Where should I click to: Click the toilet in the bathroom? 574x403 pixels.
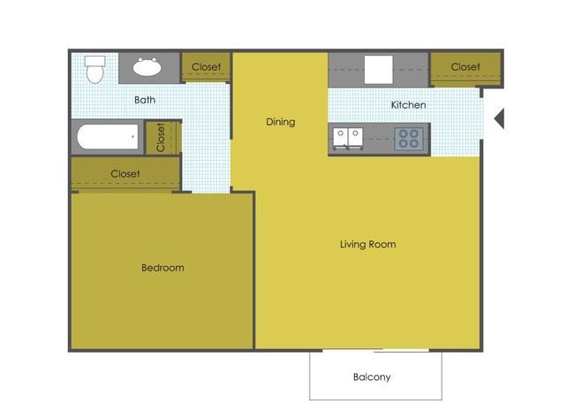coord(94,69)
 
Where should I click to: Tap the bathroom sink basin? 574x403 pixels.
coord(147,67)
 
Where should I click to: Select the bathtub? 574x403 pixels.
coord(108,137)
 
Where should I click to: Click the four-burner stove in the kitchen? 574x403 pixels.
coord(409,139)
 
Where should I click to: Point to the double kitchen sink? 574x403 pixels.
coord(348,139)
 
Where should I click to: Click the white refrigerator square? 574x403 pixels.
coord(379,70)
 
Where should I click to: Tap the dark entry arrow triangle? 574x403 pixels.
coord(499,118)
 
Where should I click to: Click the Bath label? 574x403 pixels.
coord(145,100)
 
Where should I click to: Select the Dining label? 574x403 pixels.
coord(281,122)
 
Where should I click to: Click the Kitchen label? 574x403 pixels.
coord(408,105)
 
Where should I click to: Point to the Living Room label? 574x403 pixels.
coord(367,245)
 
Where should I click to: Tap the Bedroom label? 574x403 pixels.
coord(162,268)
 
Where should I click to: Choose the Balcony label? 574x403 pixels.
coord(372,377)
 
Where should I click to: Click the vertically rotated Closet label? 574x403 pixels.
coord(161,137)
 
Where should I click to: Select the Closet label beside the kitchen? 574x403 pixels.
coord(465,66)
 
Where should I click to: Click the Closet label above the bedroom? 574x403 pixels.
coord(125,173)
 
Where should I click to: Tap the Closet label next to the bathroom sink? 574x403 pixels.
coord(206,66)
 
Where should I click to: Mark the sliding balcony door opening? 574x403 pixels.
coord(375,350)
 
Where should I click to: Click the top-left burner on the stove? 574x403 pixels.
coord(403,133)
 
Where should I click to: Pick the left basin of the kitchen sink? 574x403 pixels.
coord(340,138)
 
